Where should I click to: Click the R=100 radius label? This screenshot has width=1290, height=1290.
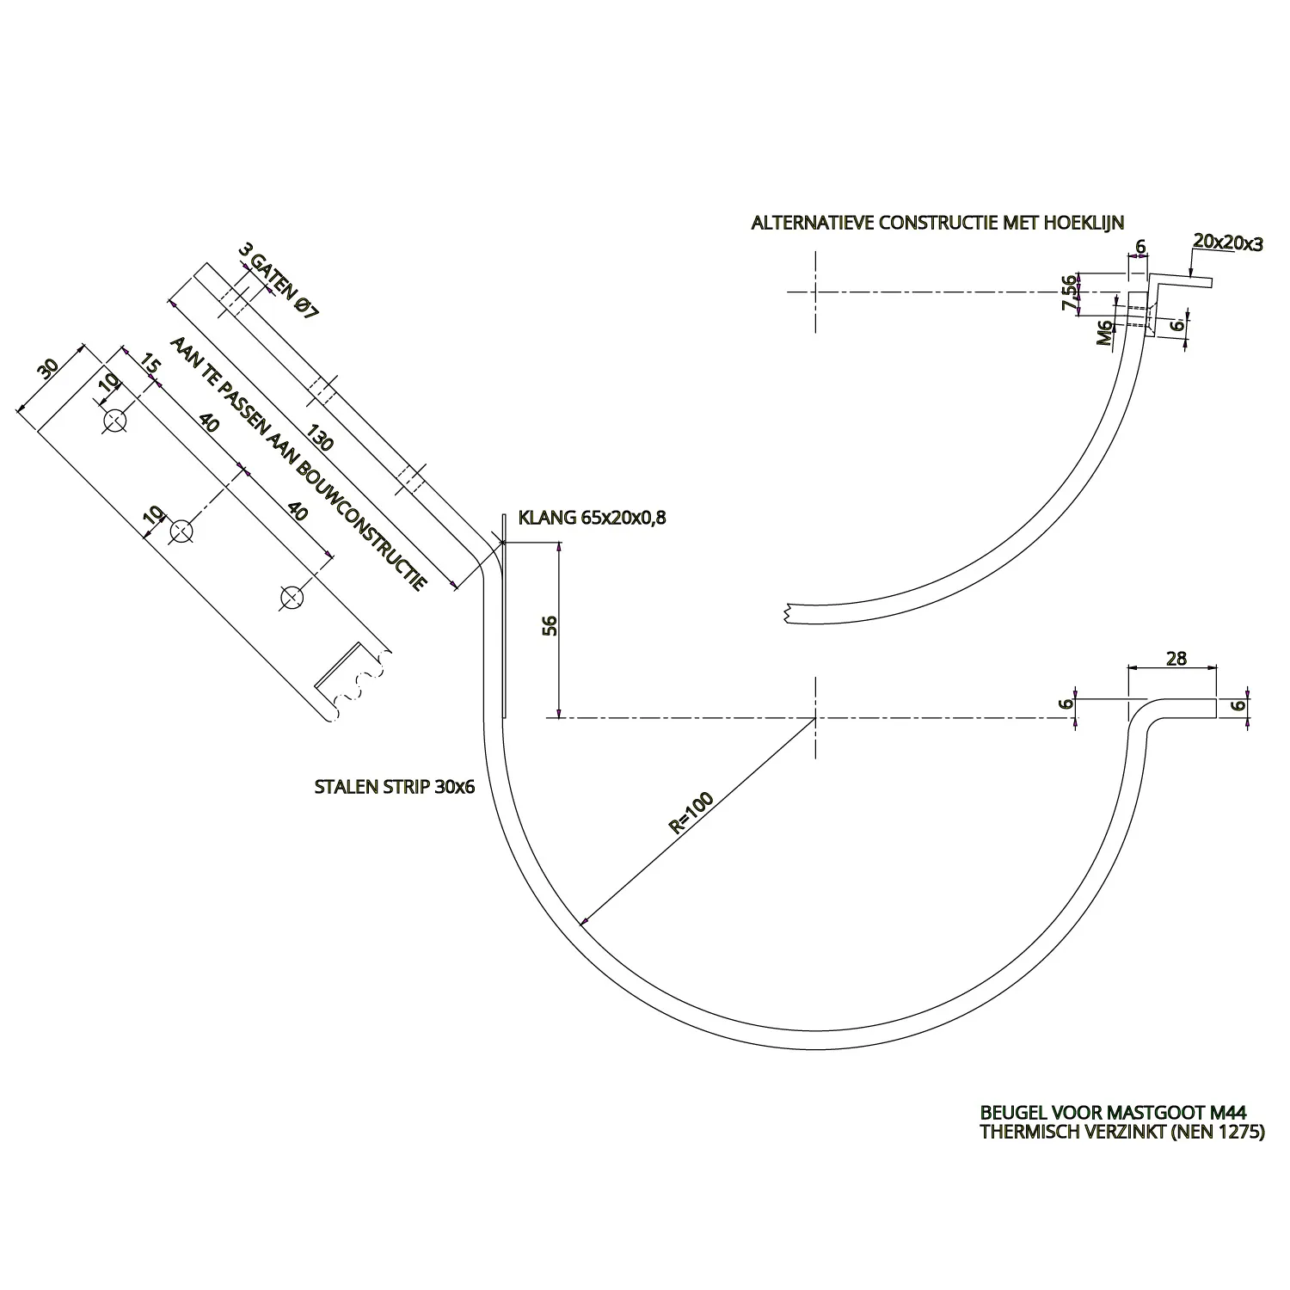click(x=691, y=814)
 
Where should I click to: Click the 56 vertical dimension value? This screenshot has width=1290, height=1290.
click(x=550, y=625)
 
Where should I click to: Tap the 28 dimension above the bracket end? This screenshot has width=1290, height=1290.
click(x=1176, y=659)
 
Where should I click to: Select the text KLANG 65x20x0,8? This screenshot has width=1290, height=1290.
click(x=593, y=518)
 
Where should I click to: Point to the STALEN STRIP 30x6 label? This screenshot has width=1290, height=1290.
click(x=396, y=787)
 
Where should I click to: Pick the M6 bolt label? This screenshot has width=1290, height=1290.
click(x=1105, y=331)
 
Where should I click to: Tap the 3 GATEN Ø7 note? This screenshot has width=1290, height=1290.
click(x=277, y=281)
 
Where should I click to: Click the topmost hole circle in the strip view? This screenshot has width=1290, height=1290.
click(x=114, y=421)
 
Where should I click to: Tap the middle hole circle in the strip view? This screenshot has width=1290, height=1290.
click(x=180, y=531)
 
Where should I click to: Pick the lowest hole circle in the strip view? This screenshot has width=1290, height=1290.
click(x=292, y=597)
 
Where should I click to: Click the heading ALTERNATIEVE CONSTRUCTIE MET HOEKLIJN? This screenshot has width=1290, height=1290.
click(x=937, y=224)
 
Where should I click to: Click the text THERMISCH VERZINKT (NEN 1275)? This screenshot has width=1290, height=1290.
click(x=1122, y=1133)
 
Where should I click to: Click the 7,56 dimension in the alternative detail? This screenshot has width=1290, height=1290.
click(x=1069, y=293)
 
